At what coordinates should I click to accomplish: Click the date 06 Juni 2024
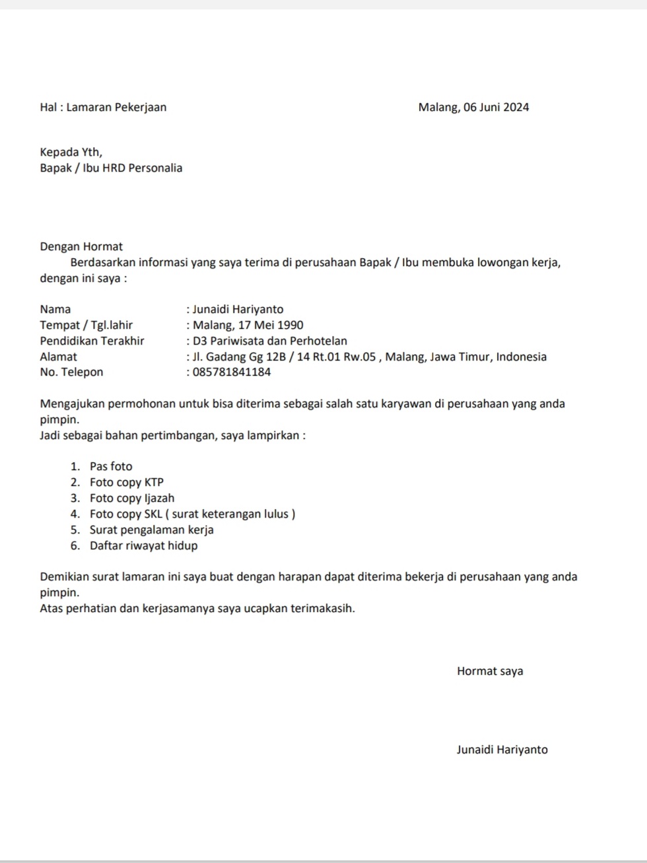coord(496,108)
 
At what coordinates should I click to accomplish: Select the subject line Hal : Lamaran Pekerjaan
coord(103,108)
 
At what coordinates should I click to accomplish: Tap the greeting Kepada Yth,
coord(71,153)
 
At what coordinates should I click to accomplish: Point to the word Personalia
coord(155,168)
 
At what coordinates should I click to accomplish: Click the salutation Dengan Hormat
coord(81,247)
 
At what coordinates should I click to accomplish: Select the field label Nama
coord(55,310)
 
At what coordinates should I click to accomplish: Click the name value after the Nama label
coord(238,310)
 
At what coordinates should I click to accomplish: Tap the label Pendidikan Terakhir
coord(92,341)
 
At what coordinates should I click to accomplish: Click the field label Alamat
coord(58,357)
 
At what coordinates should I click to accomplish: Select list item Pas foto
coord(111,467)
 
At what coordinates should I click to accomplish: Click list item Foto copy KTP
coord(127,483)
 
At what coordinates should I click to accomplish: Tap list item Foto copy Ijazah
coord(132,499)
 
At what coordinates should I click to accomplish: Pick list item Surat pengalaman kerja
coord(152,530)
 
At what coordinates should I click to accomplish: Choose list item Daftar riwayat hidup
coord(144,546)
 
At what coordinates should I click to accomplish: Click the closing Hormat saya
coord(490,672)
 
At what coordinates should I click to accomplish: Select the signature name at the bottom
coord(502,750)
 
